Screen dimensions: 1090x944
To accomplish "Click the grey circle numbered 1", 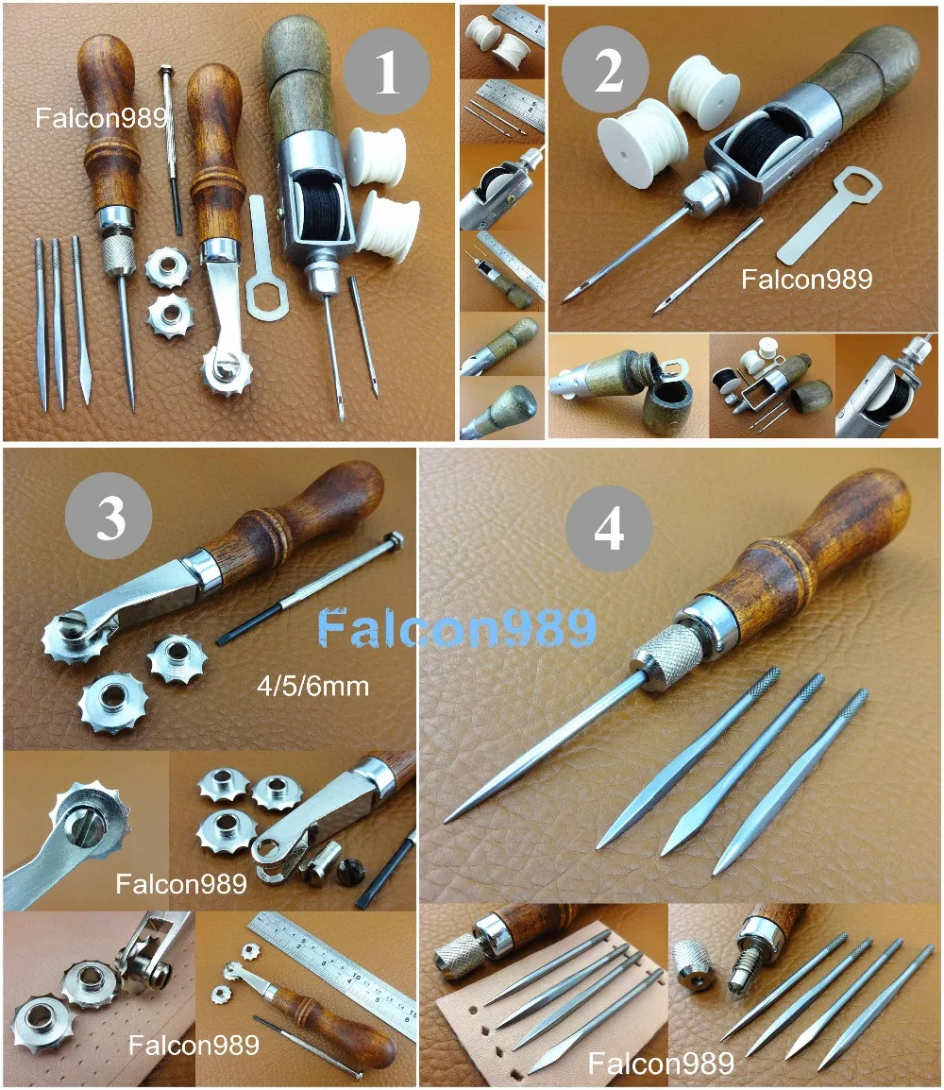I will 387,73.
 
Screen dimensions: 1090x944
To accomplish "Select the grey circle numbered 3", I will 110,519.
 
